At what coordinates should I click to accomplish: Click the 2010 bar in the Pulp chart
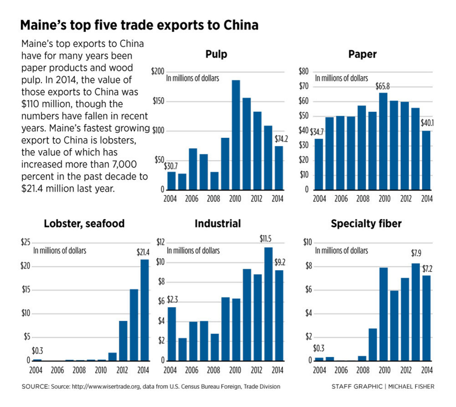click(x=236, y=135)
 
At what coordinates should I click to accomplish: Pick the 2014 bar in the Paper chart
click(x=426, y=160)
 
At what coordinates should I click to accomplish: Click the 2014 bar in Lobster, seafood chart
click(x=144, y=310)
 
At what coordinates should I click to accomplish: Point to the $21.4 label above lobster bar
click(x=143, y=252)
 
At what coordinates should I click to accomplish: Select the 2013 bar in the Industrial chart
click(x=269, y=304)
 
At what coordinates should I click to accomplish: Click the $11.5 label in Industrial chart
click(x=265, y=239)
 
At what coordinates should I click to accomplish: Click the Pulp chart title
click(x=217, y=55)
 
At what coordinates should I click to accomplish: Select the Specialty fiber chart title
click(x=366, y=224)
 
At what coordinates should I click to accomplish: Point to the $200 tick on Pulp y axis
click(x=157, y=72)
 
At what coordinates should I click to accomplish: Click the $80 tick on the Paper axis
click(x=303, y=72)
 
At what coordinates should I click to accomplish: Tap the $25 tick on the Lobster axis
click(x=26, y=242)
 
